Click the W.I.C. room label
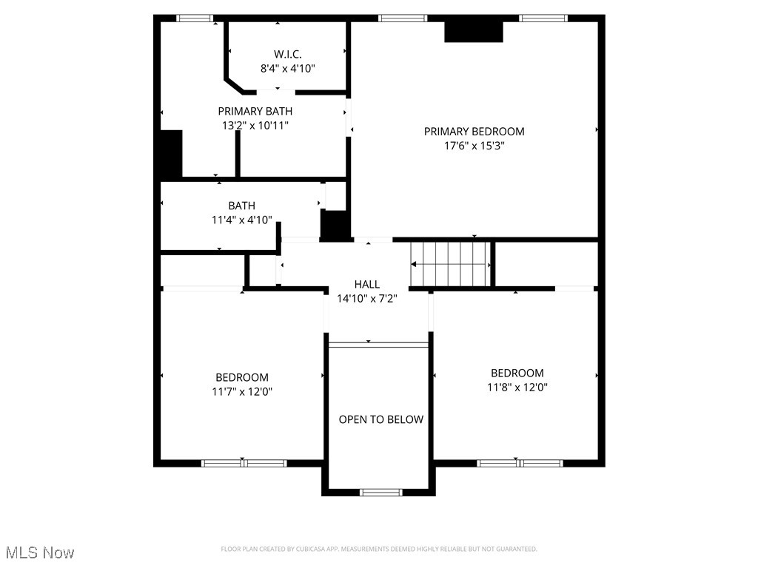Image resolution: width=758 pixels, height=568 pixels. (287, 54)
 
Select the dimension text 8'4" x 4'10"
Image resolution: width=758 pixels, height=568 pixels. (287, 68)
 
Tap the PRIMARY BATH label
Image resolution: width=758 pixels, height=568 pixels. (255, 111)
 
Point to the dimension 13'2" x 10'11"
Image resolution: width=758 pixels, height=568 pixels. (255, 125)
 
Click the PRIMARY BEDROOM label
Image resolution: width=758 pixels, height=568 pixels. (474, 132)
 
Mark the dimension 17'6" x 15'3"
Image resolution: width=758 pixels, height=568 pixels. (474, 146)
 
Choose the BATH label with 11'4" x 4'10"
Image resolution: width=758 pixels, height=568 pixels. (241, 206)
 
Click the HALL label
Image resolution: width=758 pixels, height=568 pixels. (366, 284)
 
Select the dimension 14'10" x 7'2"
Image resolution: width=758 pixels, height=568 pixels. (366, 298)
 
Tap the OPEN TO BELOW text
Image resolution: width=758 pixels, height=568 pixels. (380, 419)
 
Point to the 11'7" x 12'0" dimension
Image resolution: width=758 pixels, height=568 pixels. (241, 391)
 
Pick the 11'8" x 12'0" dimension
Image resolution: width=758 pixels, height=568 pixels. (517, 387)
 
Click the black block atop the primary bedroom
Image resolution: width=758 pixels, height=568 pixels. (473, 32)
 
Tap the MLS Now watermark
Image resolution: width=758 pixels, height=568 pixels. (40, 552)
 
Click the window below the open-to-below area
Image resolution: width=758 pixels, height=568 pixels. (380, 492)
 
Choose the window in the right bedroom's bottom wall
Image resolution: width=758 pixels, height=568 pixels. (519, 463)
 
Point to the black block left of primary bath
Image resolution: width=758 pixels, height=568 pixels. (170, 153)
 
